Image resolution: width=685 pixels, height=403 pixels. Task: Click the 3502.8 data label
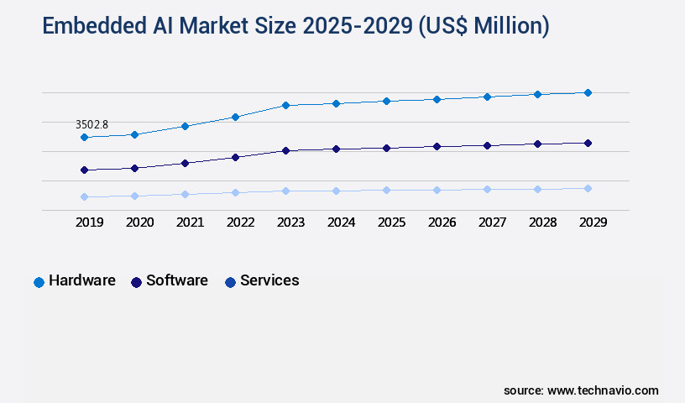[92, 124]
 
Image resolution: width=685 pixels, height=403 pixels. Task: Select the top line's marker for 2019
[84, 137]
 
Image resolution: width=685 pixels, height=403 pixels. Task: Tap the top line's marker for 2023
[285, 105]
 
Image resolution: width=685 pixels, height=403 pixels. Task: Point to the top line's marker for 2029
[588, 92]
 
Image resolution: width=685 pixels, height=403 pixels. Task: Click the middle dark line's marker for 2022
[235, 157]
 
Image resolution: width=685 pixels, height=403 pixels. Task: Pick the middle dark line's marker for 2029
[588, 143]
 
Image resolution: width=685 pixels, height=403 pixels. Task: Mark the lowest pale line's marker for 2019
[84, 196]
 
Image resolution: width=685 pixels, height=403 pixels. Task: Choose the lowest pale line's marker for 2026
[437, 190]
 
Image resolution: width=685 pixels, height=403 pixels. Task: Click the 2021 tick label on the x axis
[190, 222]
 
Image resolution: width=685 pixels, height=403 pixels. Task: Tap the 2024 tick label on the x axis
[341, 222]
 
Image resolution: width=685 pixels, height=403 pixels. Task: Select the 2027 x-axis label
[492, 222]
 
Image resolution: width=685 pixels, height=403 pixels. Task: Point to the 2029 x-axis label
[593, 222]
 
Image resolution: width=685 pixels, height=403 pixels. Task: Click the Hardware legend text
[81, 280]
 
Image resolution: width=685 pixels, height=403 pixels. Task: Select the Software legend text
[177, 280]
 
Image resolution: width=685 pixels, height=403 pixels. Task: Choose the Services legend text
[269, 280]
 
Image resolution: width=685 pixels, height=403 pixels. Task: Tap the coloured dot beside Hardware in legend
[39, 282]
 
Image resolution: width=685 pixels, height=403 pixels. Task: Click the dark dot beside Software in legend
[136, 282]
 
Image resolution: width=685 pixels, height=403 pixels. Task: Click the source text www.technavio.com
[603, 390]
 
